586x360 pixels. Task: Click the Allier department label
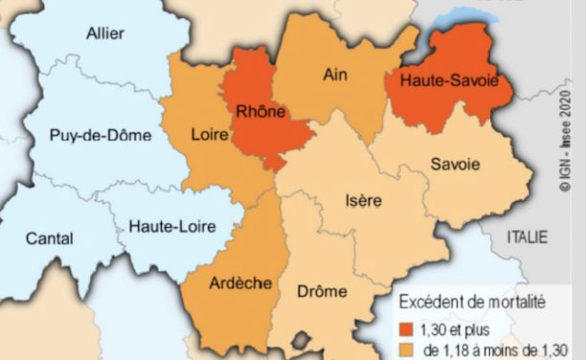pos(104,34)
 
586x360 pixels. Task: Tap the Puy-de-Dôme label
pos(101,136)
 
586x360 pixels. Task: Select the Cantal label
pos(49,236)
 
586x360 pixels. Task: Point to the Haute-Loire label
pos(171,227)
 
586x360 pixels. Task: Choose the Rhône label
pos(259,112)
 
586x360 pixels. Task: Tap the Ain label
pos(334,74)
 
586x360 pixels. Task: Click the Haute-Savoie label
pos(449,80)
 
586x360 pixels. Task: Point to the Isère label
pos(362,201)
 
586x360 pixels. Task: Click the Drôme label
pos(322,290)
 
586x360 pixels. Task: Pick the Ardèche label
pos(239,283)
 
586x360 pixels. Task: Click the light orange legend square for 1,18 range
pos(406,349)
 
